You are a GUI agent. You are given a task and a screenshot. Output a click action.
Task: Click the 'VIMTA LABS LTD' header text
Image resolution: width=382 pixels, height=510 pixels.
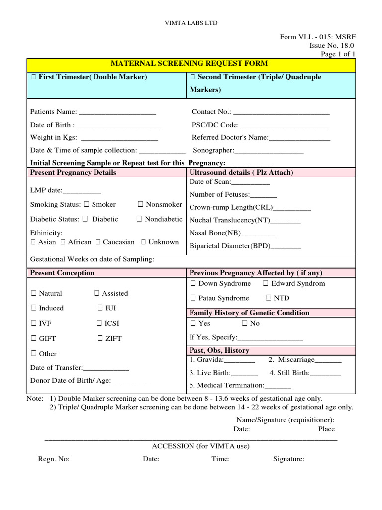pyautogui.click(x=191, y=23)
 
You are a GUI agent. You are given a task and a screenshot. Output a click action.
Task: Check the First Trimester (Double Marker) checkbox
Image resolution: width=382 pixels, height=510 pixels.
pyautogui.click(x=33, y=77)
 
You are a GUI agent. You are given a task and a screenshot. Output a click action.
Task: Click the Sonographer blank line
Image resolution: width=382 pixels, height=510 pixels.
pyautogui.click(x=269, y=151)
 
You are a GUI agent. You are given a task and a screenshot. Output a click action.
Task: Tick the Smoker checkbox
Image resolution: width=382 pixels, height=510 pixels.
pyautogui.click(x=87, y=204)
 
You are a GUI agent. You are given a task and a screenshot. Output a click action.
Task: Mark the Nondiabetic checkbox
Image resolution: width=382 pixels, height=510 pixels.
pyautogui.click(x=140, y=219)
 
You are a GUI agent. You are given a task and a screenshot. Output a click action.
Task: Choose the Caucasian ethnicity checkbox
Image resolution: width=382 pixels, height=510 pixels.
pyautogui.click(x=98, y=242)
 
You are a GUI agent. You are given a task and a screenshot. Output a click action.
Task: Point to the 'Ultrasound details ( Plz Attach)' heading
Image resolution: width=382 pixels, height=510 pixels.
pyautogui.click(x=241, y=173)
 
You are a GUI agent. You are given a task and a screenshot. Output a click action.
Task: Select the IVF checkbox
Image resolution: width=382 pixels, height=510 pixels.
pyautogui.click(x=33, y=323)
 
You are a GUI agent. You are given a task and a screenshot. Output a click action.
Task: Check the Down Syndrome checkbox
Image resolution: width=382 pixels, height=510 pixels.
pyautogui.click(x=193, y=283)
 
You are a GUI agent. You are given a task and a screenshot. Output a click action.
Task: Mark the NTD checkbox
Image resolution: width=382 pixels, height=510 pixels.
pyautogui.click(x=268, y=298)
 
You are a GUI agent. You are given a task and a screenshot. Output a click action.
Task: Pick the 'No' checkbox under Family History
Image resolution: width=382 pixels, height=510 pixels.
pyautogui.click(x=245, y=323)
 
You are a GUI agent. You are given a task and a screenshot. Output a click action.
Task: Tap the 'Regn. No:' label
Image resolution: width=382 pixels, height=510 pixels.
pyautogui.click(x=54, y=459)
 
